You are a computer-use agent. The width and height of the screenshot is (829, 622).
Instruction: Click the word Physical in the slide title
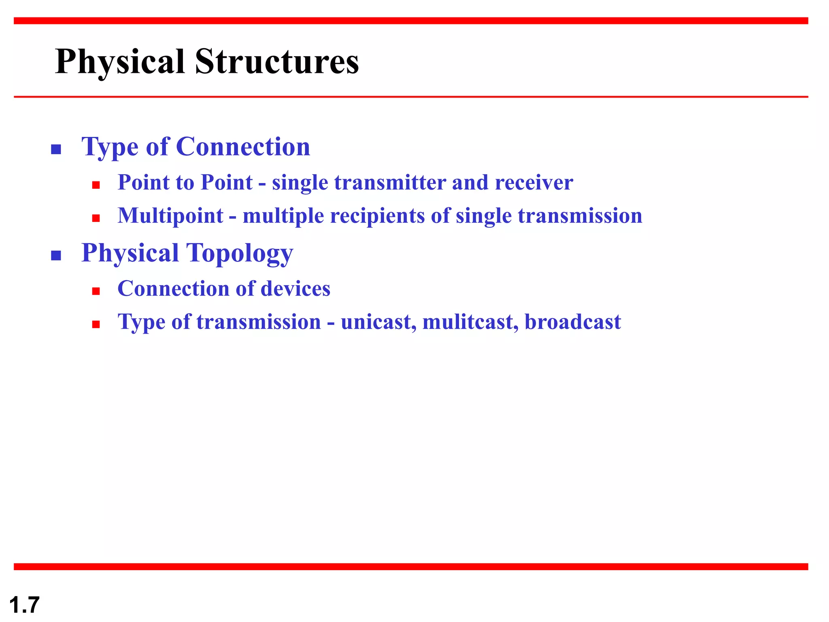point(120,62)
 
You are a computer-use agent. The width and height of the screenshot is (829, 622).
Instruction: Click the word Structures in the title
point(276,62)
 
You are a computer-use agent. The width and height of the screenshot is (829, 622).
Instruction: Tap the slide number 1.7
point(24,605)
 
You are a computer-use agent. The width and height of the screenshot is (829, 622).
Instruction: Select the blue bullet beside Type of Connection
point(56,149)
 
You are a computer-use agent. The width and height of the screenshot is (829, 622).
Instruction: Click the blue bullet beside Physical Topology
point(56,256)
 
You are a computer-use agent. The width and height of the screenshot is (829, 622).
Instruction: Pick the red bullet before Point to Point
point(96,185)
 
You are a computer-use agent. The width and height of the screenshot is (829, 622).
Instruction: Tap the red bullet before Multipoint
point(96,219)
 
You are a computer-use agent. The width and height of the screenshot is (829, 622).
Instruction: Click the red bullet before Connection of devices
point(96,291)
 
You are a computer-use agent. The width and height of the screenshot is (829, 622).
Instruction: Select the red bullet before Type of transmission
point(96,324)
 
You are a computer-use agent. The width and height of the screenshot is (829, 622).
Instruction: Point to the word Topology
point(239,253)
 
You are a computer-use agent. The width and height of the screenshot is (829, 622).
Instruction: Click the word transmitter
point(389,182)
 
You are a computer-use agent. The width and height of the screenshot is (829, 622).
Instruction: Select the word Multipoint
point(170,216)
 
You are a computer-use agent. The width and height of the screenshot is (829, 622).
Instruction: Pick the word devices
point(295,289)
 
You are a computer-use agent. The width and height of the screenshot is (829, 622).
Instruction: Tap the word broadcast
point(572,322)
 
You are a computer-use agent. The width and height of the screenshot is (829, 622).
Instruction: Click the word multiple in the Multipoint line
point(283,216)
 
